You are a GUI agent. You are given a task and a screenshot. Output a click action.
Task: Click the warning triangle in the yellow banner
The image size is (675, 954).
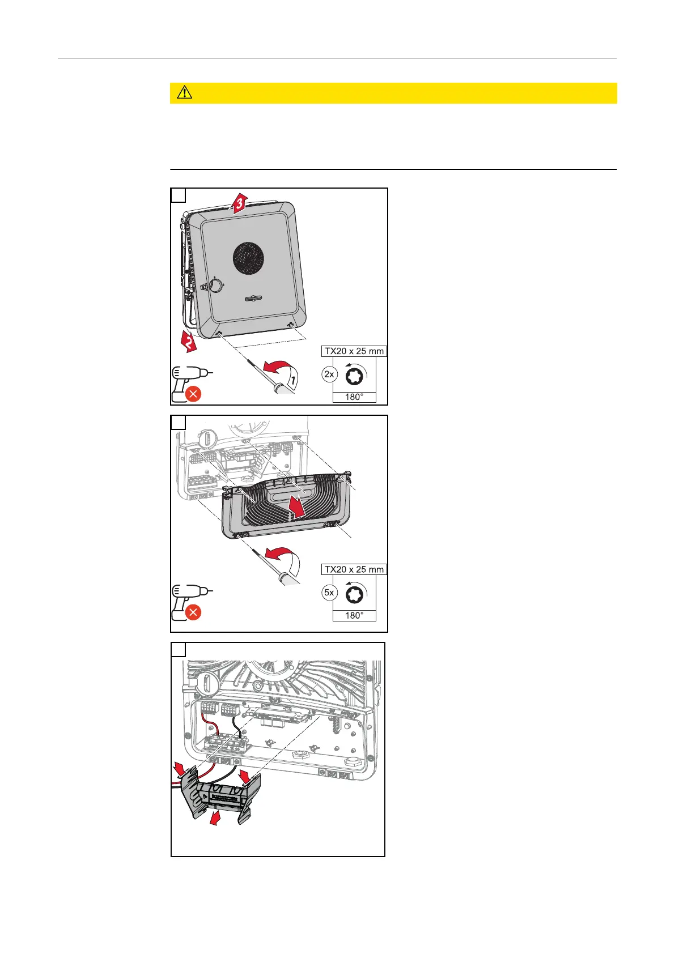185,93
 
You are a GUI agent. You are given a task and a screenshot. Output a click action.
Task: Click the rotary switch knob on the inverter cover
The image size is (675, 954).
216,284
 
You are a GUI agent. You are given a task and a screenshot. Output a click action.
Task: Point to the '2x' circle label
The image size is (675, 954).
329,374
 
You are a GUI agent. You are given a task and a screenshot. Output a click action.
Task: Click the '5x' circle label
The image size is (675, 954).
329,593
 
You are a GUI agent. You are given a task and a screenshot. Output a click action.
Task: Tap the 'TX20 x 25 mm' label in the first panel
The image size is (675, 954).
354,351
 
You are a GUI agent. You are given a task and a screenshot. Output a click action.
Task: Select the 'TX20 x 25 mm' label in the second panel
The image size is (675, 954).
354,569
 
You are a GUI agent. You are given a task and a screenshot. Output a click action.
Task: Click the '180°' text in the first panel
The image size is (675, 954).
354,397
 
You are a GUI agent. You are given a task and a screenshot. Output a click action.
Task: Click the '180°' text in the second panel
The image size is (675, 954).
354,615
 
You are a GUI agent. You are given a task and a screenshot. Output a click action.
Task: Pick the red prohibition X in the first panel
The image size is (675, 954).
193,394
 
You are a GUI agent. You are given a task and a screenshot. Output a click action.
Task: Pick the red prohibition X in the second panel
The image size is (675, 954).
193,612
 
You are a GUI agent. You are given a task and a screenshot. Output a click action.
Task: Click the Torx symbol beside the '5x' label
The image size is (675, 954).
355,593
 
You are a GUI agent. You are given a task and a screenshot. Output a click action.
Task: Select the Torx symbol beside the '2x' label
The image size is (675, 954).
355,374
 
